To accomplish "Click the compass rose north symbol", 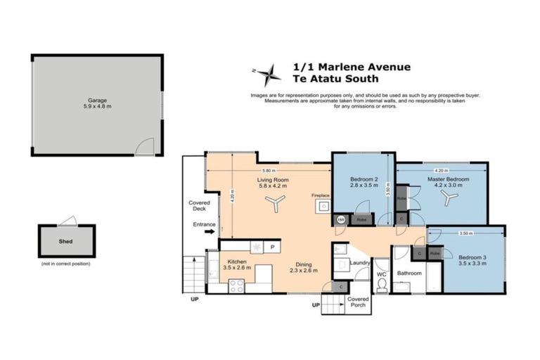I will pos(267,73).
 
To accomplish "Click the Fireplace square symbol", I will pos(323,207).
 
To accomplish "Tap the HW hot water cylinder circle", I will pos(341,220).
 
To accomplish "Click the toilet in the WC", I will pos(382,285).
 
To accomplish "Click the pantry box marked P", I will pos(271,247).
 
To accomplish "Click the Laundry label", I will pos(359,263).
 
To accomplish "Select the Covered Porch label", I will pos(359,303).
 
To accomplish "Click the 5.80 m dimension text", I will pos(268,171).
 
